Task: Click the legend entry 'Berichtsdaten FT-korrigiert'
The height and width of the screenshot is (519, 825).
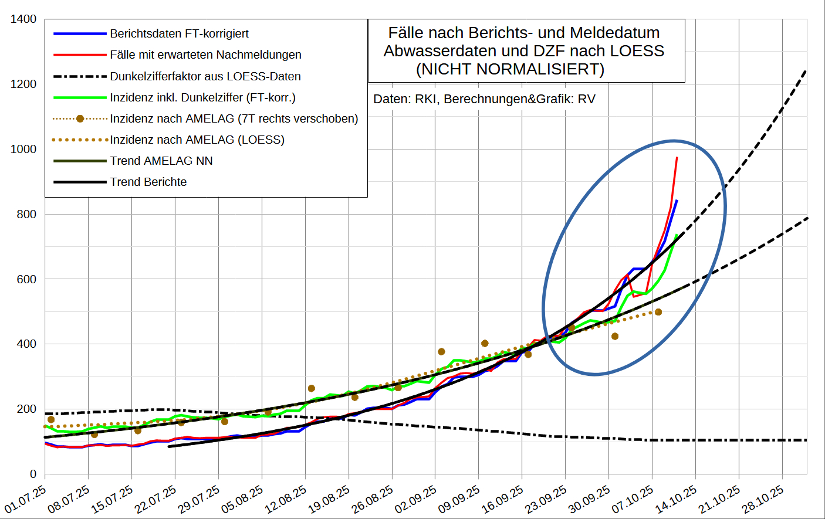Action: coord(179,33)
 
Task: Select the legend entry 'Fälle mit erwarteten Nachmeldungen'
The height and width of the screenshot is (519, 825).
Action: coord(205,55)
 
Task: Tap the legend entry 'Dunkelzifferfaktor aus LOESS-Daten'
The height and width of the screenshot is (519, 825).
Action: coord(205,76)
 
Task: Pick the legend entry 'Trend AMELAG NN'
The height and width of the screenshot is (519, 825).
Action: coord(161,161)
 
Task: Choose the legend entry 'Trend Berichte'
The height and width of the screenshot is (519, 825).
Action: coord(148,182)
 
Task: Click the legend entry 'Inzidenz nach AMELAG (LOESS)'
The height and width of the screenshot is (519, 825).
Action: coord(197,140)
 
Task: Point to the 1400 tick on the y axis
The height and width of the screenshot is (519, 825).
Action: coord(23,19)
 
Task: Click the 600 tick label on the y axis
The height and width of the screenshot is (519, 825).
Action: coord(26,279)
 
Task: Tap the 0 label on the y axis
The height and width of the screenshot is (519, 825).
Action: coord(33,474)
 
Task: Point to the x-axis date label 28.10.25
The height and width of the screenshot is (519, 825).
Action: coord(763,499)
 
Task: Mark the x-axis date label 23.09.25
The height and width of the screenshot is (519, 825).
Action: coord(546,499)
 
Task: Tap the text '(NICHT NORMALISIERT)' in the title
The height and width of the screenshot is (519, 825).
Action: coord(510,69)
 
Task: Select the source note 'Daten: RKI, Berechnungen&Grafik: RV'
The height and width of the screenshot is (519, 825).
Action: coord(484,99)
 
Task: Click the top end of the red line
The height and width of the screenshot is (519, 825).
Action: coord(677,158)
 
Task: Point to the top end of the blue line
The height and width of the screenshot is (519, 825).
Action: coord(677,201)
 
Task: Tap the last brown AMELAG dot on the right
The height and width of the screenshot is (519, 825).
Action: coord(658,312)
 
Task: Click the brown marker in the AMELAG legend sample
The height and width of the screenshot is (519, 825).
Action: coord(80,118)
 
